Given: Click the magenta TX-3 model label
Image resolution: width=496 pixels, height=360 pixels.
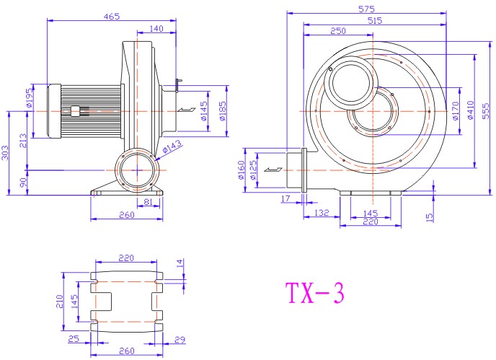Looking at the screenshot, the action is point(315,293).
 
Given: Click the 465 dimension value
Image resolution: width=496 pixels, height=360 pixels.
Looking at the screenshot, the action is point(112,16).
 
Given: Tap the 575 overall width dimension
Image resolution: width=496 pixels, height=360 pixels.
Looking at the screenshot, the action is point(367,9).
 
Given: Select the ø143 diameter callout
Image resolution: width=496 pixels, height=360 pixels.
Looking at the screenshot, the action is point(172,146).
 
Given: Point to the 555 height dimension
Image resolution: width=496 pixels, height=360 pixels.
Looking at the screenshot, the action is point(486,111).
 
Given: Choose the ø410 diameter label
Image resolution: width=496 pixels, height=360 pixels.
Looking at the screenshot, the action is point(470,110).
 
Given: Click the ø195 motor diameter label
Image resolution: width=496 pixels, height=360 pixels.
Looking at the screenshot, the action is point(29,98).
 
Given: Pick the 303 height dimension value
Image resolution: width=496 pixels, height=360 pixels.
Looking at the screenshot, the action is point(5,153).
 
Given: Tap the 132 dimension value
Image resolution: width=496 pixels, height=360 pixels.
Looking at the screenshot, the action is point(322,213).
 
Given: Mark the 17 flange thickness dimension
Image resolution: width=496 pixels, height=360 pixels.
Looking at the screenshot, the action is point(285,198).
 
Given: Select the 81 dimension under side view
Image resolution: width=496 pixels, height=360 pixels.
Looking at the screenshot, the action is point(148,202).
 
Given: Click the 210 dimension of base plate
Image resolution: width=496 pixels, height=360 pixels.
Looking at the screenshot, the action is point(59,302).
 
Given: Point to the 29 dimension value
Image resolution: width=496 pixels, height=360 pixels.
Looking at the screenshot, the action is point(180,340).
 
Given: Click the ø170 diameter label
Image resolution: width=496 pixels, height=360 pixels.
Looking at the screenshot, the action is point(456,111).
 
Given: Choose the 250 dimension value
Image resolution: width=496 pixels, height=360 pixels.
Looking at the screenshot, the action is point(338,31).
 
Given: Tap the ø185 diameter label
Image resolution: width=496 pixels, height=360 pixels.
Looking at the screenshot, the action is point(223,111).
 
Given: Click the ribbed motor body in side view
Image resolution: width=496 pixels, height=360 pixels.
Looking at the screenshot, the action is point(91,111).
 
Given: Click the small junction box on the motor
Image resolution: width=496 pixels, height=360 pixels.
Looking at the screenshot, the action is point(75,111).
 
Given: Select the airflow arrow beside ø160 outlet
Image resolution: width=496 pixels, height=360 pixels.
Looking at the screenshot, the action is point(273,170).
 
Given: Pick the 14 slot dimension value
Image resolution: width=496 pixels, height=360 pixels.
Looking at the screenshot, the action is point(180,263).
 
